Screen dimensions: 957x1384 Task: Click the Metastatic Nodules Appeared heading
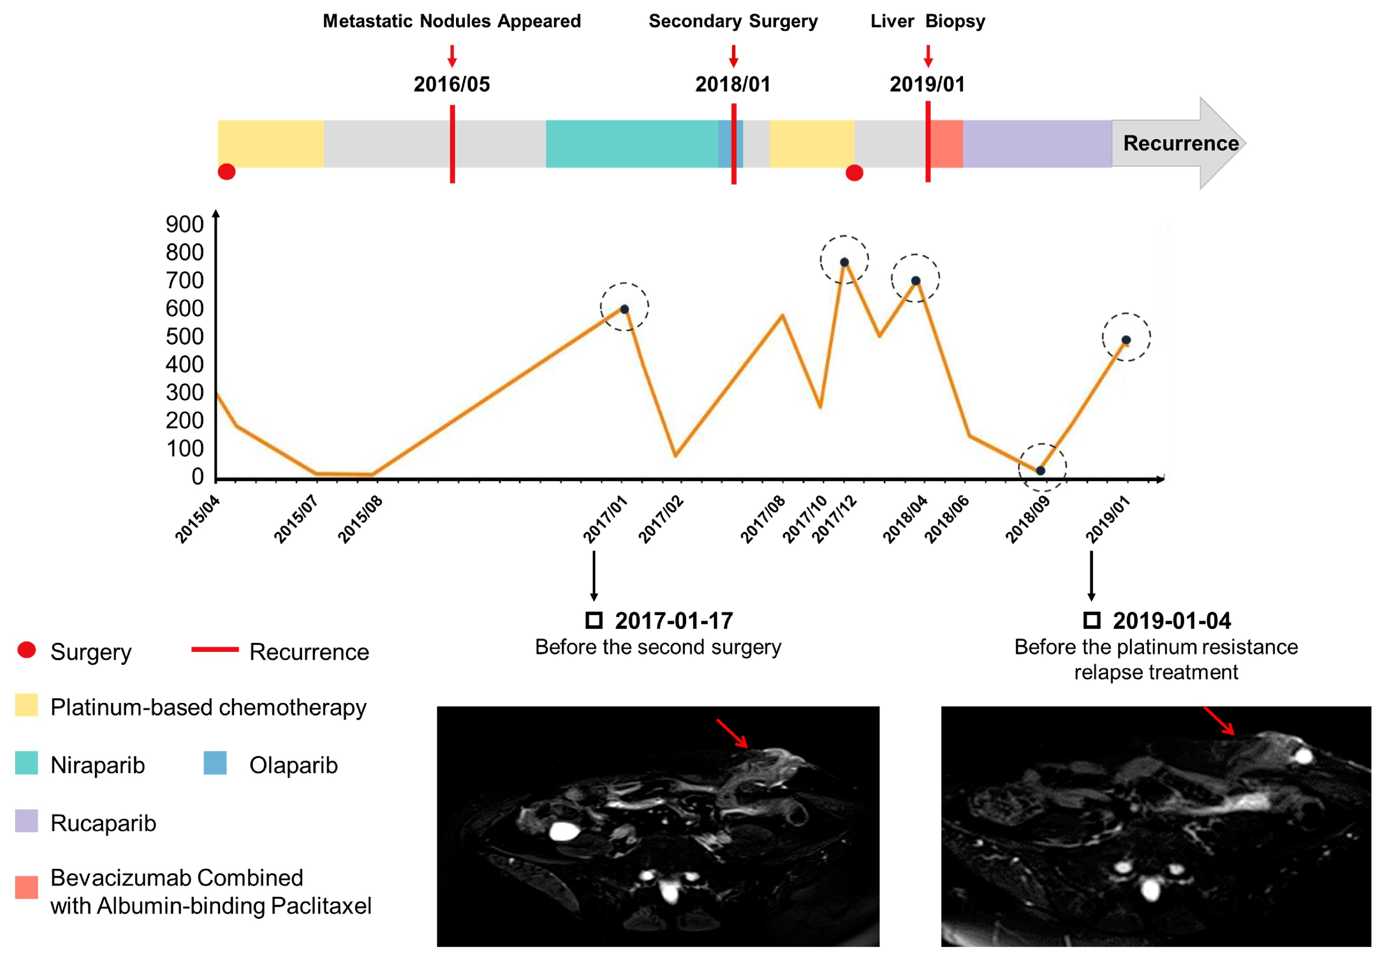tap(452, 21)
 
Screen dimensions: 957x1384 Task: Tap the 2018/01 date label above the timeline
tap(733, 84)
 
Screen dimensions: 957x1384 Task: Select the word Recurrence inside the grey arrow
tap(1181, 143)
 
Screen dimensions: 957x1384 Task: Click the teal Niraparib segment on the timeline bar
tap(632, 144)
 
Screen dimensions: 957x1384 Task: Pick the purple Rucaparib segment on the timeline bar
tap(1037, 144)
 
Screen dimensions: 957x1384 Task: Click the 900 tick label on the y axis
tap(185, 224)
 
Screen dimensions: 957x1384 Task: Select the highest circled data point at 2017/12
tap(844, 262)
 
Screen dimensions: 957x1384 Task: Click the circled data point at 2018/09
tap(1041, 471)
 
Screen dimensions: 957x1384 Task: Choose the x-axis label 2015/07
tap(296, 519)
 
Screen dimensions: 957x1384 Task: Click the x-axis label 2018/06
tap(946, 519)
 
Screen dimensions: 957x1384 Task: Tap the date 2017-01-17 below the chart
tap(674, 621)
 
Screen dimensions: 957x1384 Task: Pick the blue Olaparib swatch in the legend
tap(215, 763)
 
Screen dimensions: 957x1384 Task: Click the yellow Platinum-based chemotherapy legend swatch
tap(27, 705)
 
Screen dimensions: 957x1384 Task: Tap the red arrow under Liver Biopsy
tap(928, 56)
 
